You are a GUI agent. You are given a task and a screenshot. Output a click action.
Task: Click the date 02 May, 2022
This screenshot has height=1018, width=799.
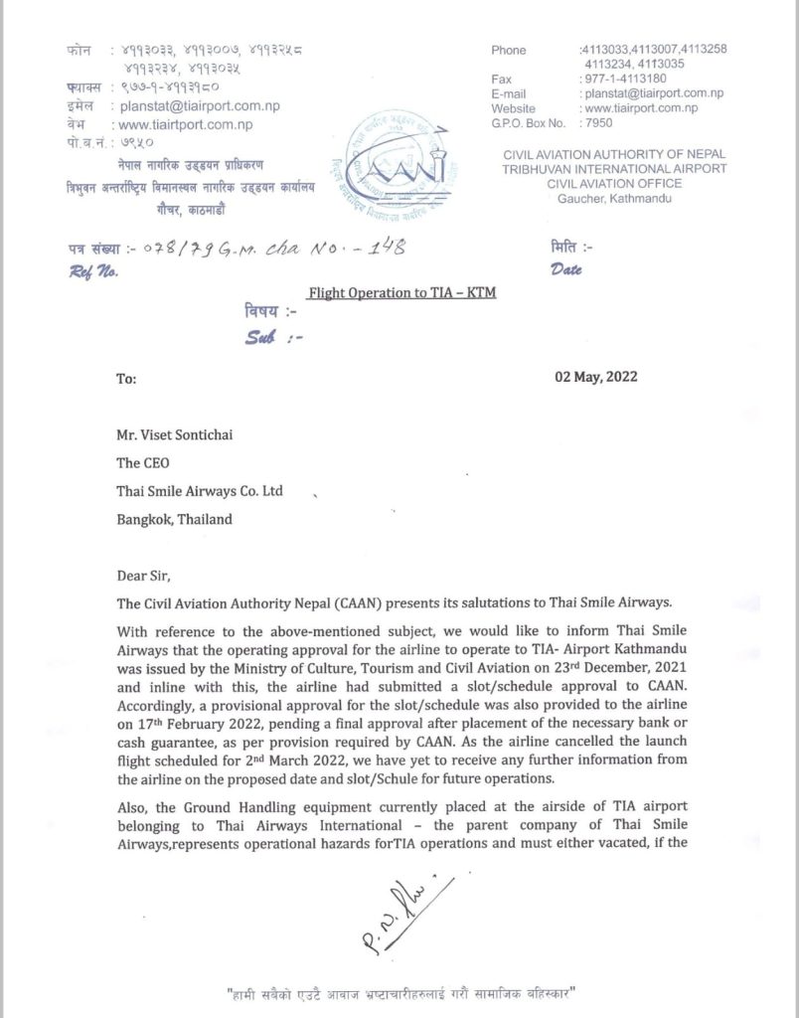tap(594, 377)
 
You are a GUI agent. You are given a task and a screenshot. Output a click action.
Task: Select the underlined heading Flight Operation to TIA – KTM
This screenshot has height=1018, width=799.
tap(401, 293)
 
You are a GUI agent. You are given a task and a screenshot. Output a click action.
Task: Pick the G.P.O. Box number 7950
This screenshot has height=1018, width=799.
tap(598, 123)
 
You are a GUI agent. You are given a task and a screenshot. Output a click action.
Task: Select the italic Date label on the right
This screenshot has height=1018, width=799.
tap(567, 267)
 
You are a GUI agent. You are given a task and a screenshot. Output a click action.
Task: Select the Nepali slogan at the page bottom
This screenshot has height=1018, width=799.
tap(401, 993)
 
